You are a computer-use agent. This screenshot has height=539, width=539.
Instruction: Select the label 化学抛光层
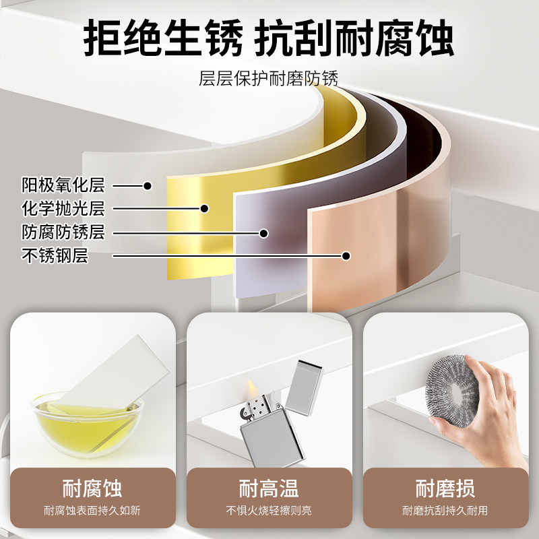(63, 208)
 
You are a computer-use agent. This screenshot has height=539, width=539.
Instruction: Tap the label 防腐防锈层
(63, 232)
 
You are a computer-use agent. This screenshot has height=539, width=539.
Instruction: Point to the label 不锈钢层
(55, 256)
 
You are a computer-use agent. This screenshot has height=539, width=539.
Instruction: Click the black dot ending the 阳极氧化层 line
(148, 186)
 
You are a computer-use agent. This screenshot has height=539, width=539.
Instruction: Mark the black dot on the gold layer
(204, 208)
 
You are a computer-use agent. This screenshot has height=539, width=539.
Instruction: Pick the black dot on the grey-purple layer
(263, 233)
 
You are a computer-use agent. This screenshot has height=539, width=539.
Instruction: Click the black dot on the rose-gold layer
(346, 256)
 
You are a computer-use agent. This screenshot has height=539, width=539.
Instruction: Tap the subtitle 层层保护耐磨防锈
(268, 78)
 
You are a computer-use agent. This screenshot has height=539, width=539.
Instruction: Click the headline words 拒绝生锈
(163, 38)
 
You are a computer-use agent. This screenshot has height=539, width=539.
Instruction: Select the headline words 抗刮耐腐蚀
(354, 38)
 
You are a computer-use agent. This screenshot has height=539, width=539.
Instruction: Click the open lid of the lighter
(304, 387)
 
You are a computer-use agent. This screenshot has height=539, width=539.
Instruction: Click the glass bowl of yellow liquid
(88, 424)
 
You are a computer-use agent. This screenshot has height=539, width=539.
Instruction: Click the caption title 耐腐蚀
(92, 488)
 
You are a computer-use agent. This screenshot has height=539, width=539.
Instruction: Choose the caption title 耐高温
(269, 488)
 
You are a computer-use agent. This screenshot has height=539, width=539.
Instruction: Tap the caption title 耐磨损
(445, 488)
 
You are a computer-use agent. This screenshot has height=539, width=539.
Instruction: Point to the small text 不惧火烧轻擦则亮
(269, 511)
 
